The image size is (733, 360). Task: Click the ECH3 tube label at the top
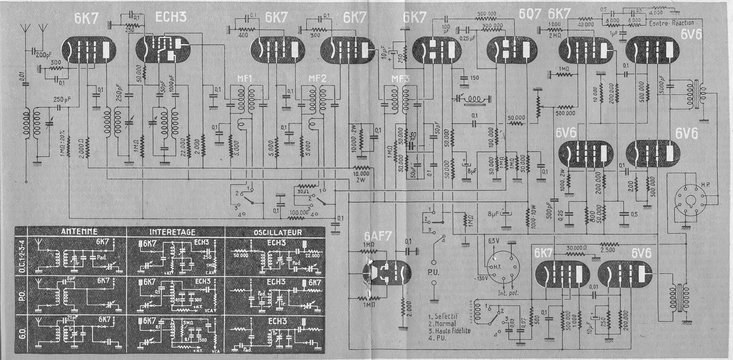pyautogui.click(x=171, y=17)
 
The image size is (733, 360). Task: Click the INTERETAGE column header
pyautogui.click(x=176, y=231)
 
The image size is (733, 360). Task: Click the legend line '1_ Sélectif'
pyautogui.click(x=444, y=316)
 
